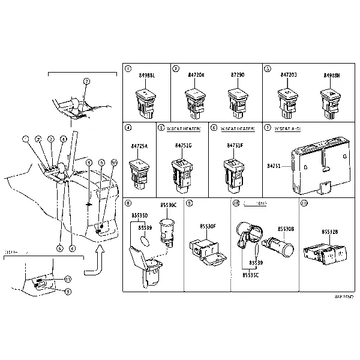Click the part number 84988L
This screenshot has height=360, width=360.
click(146, 75)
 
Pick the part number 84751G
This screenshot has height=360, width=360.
click(184, 146)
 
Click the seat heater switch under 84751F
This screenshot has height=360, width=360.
click(233, 170)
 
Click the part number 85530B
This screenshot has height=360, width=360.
click(285, 229)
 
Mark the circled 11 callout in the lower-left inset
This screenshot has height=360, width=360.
click(68, 278)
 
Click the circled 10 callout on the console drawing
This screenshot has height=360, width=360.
click(114, 163)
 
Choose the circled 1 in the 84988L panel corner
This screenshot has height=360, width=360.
click(128, 69)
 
